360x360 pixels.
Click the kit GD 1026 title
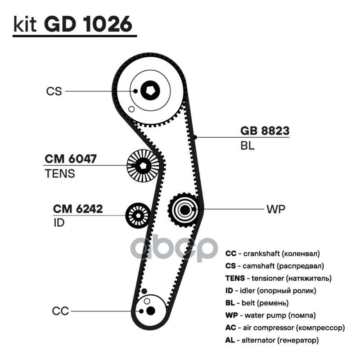pos(73,24)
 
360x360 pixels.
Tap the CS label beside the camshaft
pos(54,91)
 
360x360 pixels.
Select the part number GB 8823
pos(265,130)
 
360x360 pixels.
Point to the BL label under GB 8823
pos(247,145)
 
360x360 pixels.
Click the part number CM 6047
pos(71,159)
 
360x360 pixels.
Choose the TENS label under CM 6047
pos(60,174)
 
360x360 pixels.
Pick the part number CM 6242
pos(78,209)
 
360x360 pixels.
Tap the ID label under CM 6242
pos(59,223)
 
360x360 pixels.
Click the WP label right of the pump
pos(276,209)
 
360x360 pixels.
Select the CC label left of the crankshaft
pos(60,311)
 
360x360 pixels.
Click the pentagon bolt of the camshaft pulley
pos(150,91)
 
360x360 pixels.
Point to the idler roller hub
pos(138,216)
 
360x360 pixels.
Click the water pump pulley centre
pos(184,210)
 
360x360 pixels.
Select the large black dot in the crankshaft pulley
pos(150,310)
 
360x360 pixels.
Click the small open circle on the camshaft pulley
pos(131,109)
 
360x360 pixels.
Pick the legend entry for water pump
pos(271,315)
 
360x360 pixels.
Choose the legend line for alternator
pos(272,340)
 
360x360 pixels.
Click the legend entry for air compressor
pos(285,328)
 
